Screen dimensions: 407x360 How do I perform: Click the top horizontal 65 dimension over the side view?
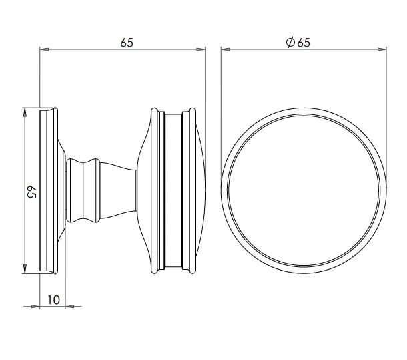pos(127,43)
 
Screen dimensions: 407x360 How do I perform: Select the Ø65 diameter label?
pos(298,43)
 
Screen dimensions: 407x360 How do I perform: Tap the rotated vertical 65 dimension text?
pos(31,192)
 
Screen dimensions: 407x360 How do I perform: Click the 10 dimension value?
pos(54,300)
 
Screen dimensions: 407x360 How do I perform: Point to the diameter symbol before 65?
pos(290,43)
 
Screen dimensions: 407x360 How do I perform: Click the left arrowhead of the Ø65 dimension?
pos(225,49)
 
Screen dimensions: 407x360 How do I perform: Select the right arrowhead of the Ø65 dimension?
pos(382,49)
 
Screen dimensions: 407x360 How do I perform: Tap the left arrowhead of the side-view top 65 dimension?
pos(44,49)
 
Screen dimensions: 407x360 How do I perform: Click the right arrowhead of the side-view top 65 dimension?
pos(201,49)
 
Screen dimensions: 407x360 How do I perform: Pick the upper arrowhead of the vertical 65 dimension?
pos(25,112)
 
